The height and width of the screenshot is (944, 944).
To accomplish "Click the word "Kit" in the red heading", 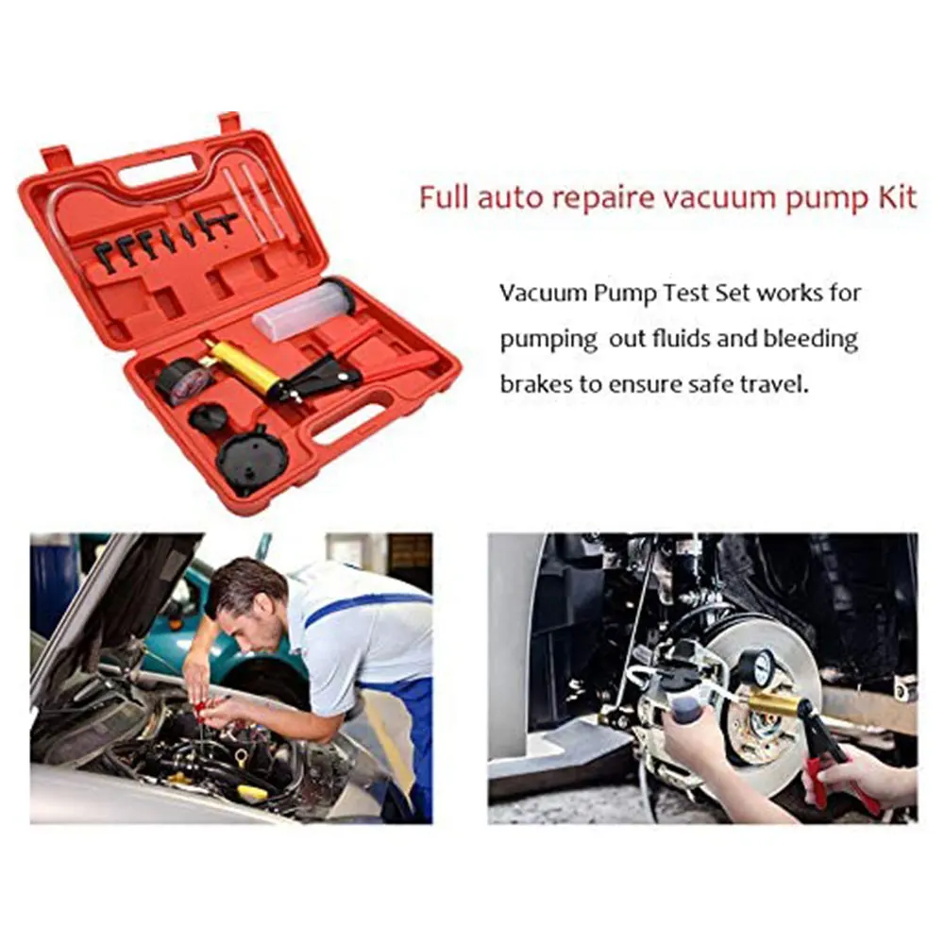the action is pos(897,197).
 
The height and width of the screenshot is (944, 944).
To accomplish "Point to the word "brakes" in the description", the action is pos(536,384).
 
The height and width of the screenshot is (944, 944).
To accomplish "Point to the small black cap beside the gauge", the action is pos(207,416).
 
